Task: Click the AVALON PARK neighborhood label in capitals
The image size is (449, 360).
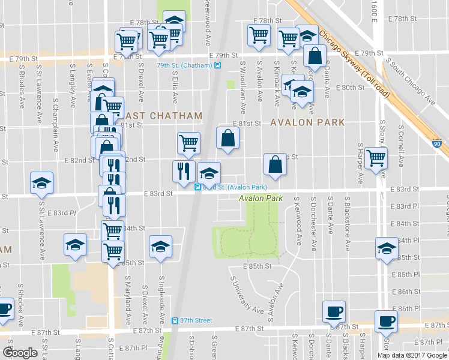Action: (307, 122)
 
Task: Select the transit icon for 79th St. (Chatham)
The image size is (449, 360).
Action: (218, 65)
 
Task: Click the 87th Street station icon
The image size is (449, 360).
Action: (175, 320)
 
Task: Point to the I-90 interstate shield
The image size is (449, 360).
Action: (436, 144)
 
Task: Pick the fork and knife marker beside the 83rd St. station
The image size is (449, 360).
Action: (184, 171)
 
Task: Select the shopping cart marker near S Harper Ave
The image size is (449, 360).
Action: (376, 158)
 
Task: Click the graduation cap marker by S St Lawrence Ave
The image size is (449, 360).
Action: (42, 183)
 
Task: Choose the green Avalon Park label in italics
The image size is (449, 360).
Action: (261, 197)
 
